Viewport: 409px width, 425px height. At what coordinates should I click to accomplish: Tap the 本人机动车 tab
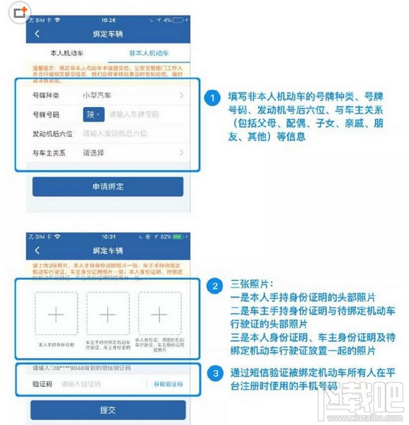coord(67,53)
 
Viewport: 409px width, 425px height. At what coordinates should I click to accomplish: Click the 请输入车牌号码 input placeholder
coord(134,114)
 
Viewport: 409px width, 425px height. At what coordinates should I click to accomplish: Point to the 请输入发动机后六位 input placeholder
coord(115,133)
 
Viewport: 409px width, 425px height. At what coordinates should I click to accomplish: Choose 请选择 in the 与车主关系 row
coord(94,152)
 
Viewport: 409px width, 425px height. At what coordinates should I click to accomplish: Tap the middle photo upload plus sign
coord(107,314)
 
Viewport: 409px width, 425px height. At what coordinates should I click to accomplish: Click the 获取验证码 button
coord(168,384)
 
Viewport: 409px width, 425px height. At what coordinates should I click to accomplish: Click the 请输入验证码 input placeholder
coord(81,384)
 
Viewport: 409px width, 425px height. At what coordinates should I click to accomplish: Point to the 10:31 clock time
coord(107,237)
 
